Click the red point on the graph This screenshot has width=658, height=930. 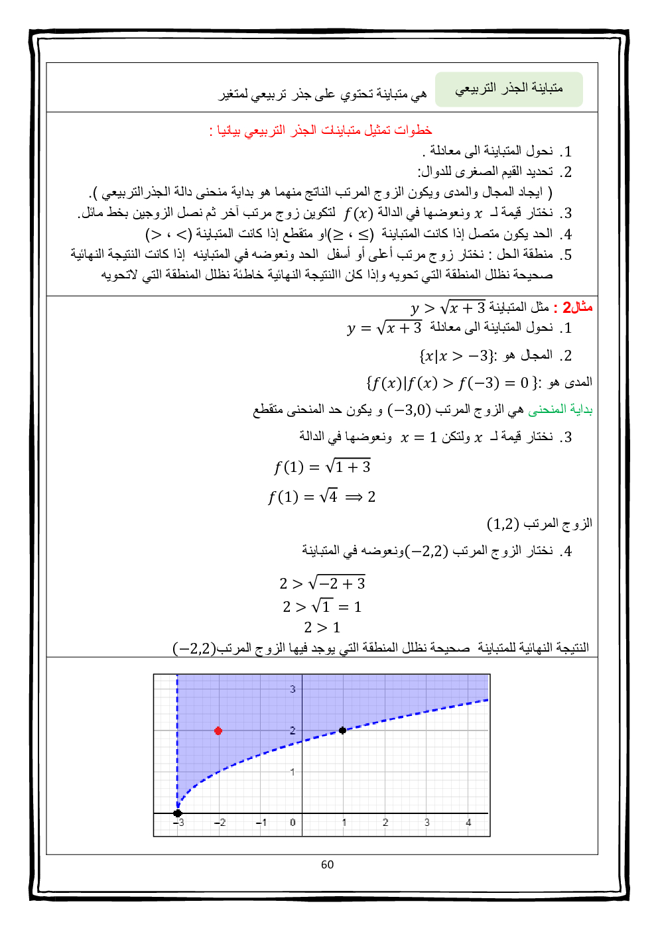(218, 730)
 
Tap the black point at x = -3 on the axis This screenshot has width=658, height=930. (178, 813)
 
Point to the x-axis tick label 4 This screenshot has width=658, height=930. (468, 823)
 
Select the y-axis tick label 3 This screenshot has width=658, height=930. (293, 689)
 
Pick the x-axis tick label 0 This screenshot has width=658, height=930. (293, 823)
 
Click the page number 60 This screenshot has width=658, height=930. (327, 864)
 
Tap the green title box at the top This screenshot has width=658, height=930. (509, 89)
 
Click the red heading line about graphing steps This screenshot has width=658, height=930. (321, 130)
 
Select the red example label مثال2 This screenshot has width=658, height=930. (577, 308)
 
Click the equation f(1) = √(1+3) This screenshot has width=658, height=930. (322, 467)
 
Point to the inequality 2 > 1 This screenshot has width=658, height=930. (322, 627)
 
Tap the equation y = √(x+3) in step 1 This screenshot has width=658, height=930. (384, 328)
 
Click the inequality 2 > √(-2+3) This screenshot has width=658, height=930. (322, 584)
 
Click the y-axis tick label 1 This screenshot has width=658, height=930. (293, 772)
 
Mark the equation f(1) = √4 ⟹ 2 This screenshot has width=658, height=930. (322, 497)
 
